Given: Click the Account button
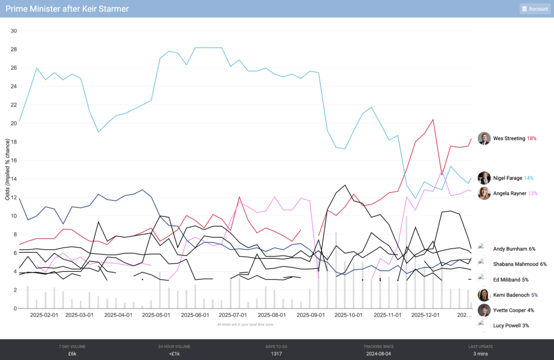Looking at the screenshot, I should (535, 9).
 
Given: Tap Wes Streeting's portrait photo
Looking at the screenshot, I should (484, 139).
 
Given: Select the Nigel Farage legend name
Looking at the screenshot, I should (507, 178).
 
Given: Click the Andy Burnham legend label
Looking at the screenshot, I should (510, 249).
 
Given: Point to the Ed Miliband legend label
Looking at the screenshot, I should (507, 280).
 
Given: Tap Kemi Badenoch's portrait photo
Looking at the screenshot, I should (484, 295).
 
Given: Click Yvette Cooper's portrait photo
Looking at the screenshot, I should (484, 310).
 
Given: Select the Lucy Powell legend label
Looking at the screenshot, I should (507, 325).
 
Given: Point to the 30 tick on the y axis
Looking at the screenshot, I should (14, 31).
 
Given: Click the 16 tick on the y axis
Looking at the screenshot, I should (14, 160).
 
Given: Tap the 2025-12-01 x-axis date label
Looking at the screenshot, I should (425, 315).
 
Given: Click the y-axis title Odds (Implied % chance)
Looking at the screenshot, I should (8, 169).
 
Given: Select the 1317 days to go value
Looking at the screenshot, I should (276, 354).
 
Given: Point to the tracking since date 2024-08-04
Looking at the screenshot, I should (379, 354).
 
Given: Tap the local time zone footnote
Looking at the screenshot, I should (245, 324).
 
